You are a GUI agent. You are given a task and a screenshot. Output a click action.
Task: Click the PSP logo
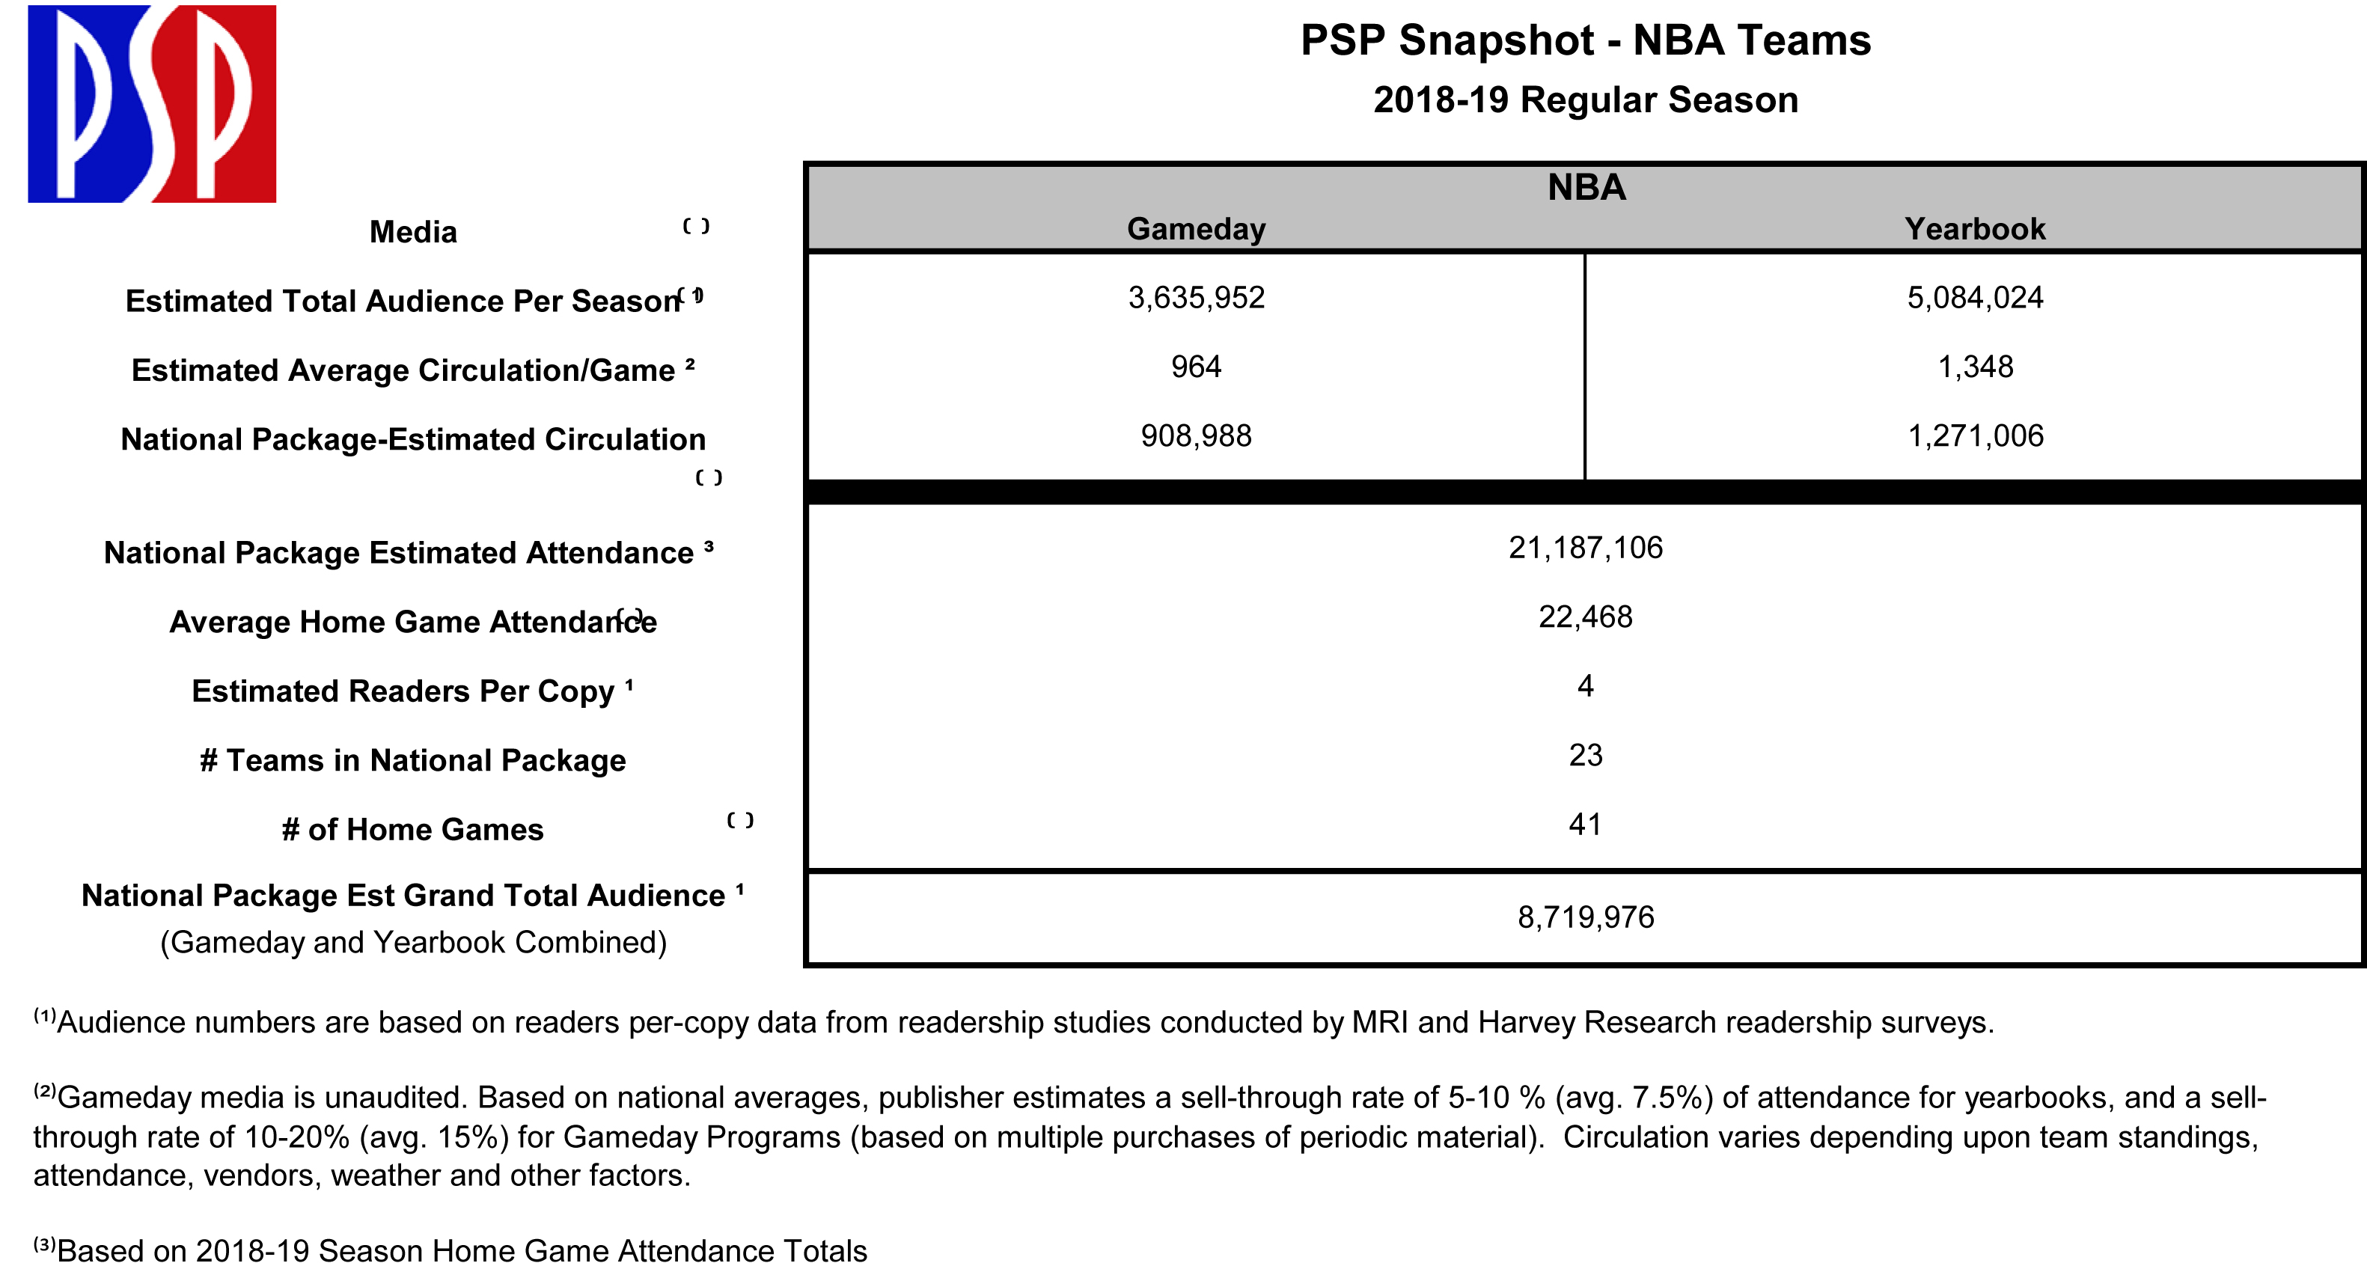[152, 103]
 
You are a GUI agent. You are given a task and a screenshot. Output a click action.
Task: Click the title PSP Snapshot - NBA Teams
[1585, 40]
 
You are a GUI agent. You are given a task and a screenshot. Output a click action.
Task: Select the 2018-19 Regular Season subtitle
[1585, 100]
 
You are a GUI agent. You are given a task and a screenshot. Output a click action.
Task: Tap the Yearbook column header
[1975, 229]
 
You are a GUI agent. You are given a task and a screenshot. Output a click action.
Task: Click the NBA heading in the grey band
[1586, 188]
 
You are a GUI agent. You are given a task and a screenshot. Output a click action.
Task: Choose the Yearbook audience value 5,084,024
[1975, 298]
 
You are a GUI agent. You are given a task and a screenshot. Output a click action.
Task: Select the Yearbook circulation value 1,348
[1975, 367]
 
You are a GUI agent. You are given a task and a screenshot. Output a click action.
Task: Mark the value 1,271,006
[1975, 435]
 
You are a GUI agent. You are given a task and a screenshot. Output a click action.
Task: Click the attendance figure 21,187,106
[1585, 548]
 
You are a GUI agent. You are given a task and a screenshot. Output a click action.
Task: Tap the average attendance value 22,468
[1585, 617]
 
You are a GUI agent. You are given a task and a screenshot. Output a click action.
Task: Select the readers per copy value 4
[1585, 685]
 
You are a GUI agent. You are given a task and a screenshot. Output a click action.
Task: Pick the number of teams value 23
[1585, 755]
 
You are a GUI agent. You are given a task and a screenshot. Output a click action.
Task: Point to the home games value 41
[1585, 825]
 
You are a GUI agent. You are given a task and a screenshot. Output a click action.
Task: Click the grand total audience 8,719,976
[1585, 917]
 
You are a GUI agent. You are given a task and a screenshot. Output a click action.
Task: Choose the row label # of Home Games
[412, 830]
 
